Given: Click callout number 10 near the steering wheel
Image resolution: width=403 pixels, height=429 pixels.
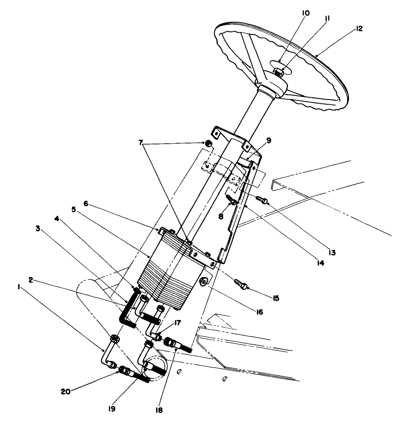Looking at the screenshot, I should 306,13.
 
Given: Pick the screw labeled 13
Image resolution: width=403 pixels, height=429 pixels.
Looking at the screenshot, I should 263,200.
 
